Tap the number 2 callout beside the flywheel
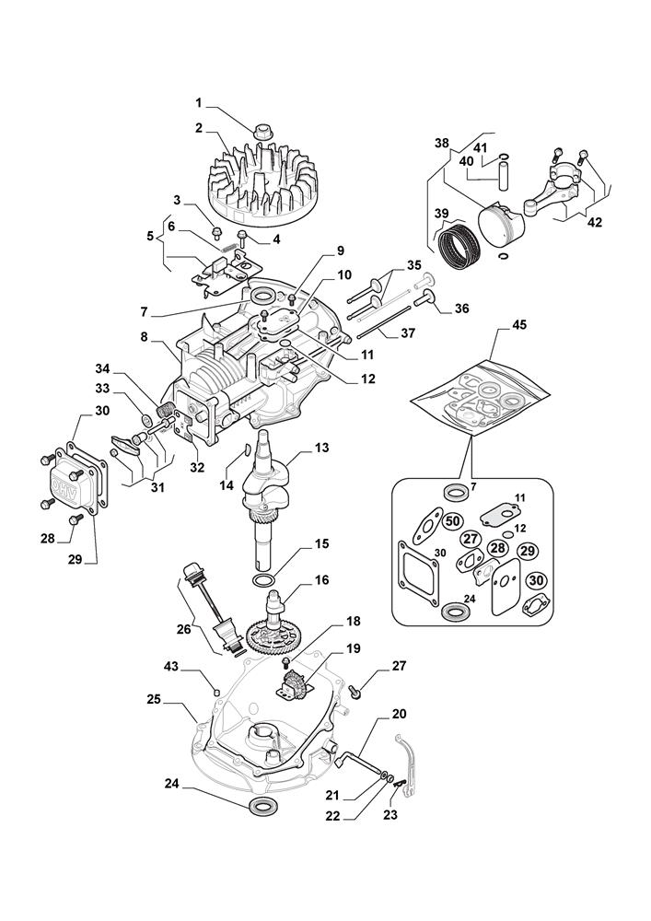[198, 128]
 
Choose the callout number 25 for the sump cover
[153, 699]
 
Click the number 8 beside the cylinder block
[144, 337]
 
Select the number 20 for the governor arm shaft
[398, 714]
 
